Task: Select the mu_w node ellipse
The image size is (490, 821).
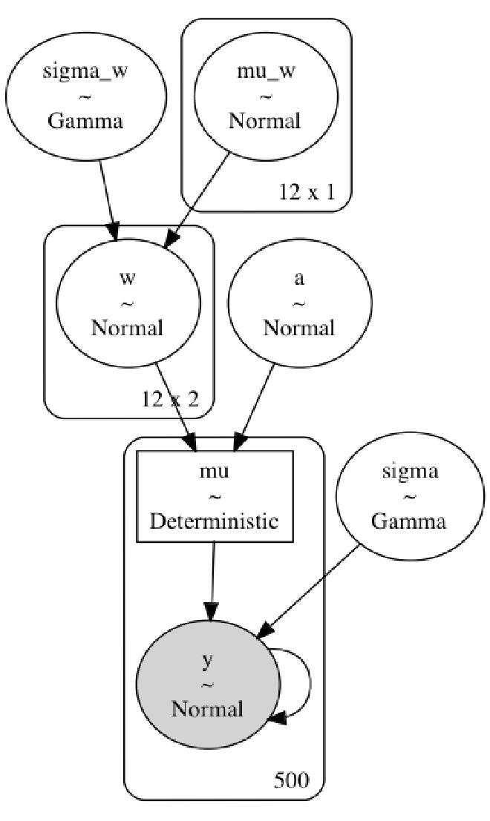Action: (265, 96)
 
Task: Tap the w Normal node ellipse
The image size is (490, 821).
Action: (128, 304)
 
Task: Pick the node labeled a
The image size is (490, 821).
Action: (298, 304)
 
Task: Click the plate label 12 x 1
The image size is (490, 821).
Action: (307, 192)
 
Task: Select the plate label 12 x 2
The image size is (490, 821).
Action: (170, 400)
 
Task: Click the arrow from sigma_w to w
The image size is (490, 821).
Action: (106, 193)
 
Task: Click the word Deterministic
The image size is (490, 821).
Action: (215, 521)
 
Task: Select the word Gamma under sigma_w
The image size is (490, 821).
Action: (85, 121)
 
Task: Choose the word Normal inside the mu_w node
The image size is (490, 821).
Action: (265, 121)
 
